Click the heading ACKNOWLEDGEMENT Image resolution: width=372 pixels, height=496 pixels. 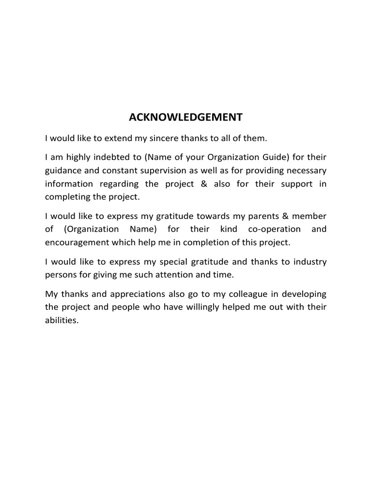[x=186, y=118]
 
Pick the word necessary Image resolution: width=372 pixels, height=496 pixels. [x=305, y=171]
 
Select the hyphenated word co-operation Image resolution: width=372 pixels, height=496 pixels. [x=275, y=229]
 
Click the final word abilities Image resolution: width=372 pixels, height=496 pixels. [x=62, y=320]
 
